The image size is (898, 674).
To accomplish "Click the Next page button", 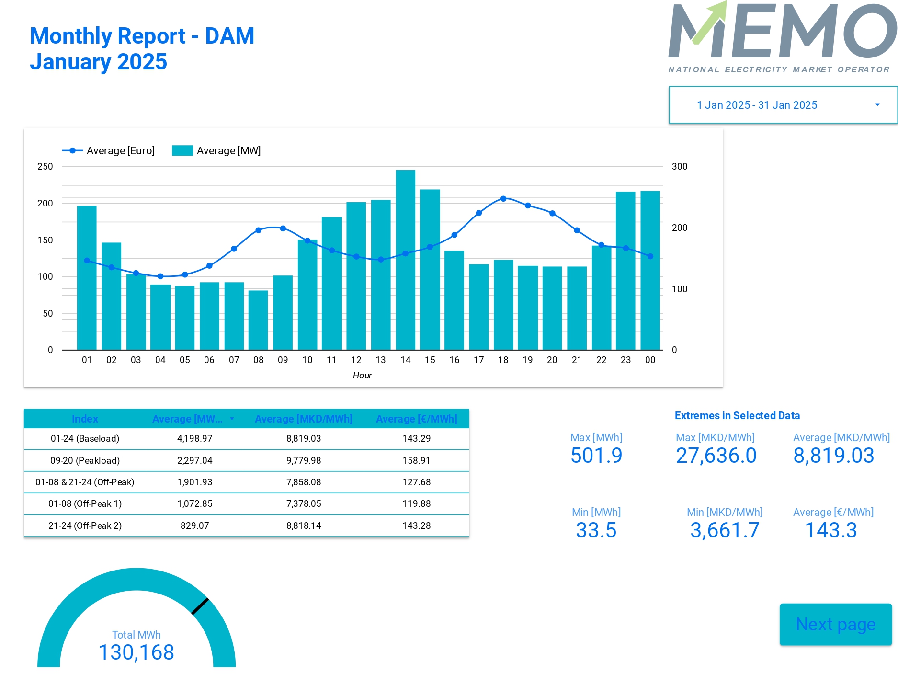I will [835, 624].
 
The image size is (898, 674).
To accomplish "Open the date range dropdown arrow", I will [877, 105].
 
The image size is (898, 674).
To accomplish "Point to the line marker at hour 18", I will [503, 198].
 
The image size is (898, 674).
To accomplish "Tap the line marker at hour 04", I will [160, 276].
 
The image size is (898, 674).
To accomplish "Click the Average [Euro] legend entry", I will [109, 150].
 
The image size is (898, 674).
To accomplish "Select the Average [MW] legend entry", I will [216, 150].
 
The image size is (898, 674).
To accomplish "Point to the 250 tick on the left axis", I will [45, 166].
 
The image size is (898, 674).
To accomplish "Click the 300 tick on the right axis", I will [679, 166].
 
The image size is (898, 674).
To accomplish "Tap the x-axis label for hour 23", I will [625, 360].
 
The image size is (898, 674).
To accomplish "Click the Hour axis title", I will [362, 375].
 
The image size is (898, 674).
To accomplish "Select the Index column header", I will [85, 419].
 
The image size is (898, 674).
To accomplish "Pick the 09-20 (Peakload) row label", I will [85, 460].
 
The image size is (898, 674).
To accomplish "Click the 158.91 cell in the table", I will [416, 460].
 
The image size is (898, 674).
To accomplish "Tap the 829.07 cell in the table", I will [194, 525].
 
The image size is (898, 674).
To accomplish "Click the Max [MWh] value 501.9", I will [596, 455].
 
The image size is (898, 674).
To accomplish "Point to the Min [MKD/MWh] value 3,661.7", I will [725, 530].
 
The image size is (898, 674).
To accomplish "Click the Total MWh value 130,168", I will [136, 652].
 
